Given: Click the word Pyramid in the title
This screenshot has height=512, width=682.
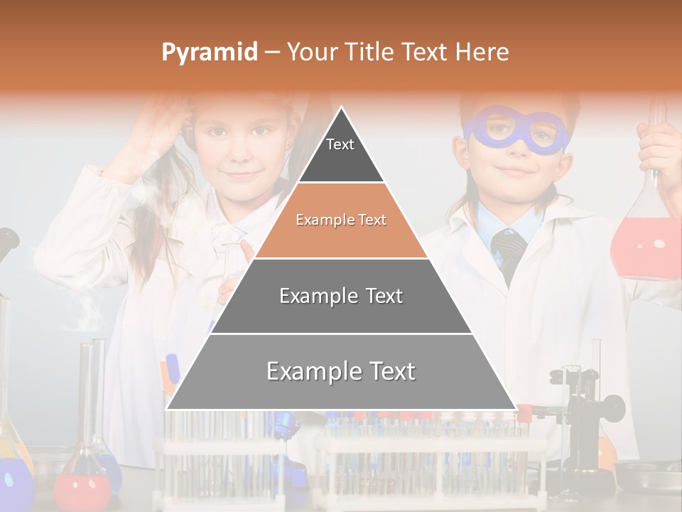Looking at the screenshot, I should [x=209, y=53].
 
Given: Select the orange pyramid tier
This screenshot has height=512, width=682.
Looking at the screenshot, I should [x=341, y=220].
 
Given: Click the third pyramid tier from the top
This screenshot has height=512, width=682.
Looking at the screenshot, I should [x=341, y=296].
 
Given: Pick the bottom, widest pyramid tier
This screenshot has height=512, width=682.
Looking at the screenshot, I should [x=341, y=372].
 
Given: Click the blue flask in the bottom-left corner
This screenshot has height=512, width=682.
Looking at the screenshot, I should [x=14, y=484].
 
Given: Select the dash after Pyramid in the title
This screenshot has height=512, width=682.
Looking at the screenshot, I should [x=272, y=53].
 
